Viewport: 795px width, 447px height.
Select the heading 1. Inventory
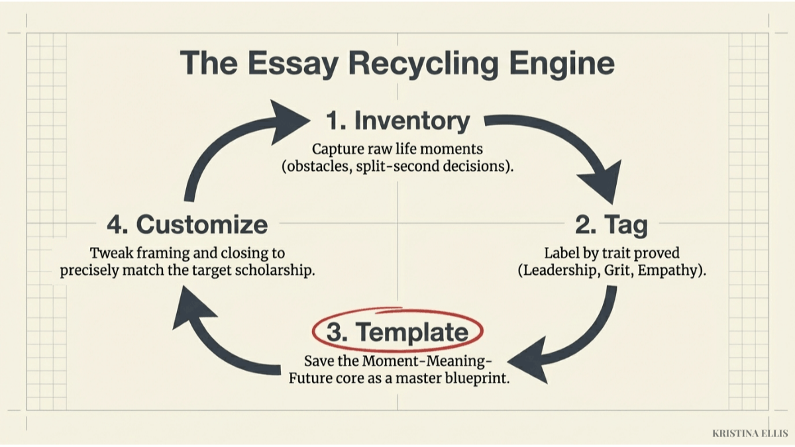click(x=398, y=121)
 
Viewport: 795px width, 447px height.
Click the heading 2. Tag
click(x=611, y=225)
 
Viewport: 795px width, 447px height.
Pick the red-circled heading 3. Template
click(x=398, y=331)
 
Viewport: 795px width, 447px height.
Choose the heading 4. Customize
click(x=187, y=225)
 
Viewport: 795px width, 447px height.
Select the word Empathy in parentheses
click(x=670, y=270)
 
